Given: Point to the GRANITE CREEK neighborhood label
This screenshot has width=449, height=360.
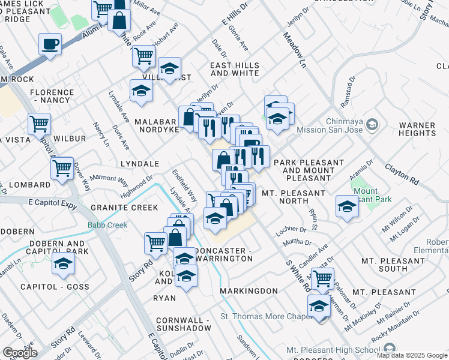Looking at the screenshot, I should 124,208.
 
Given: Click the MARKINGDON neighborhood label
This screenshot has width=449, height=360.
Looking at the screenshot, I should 249,291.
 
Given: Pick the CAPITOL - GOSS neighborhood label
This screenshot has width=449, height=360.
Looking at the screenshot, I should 50,287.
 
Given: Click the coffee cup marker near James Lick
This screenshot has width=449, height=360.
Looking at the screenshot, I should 50,44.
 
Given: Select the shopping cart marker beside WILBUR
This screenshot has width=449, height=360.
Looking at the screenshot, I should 40,124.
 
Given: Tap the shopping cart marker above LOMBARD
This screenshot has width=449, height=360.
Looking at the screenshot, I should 62,168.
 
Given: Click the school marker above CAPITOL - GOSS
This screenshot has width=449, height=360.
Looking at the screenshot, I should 64,263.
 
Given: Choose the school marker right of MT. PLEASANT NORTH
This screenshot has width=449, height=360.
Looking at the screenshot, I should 347,206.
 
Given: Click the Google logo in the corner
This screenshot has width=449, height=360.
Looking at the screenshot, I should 20,353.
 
